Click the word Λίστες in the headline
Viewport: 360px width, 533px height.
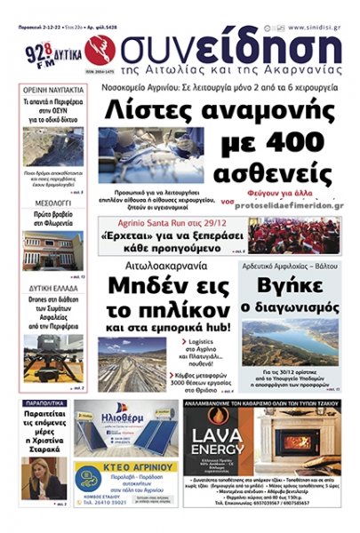click(x=151, y=111)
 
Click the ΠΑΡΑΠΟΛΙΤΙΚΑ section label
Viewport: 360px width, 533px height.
click(x=46, y=402)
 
